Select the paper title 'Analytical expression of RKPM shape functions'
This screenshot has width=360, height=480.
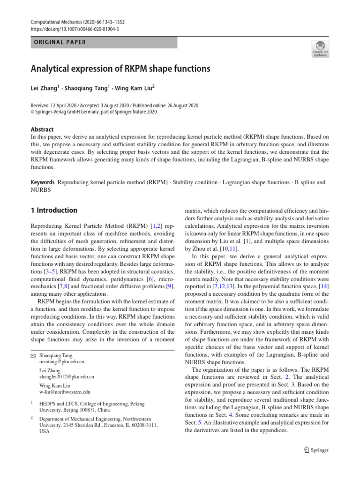(120, 69)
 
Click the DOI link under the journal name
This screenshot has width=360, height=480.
(75, 29)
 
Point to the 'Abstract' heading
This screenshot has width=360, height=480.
(42, 129)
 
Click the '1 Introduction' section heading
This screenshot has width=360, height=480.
(54, 210)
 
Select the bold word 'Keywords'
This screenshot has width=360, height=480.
(43, 181)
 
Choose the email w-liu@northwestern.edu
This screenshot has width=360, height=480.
(65, 391)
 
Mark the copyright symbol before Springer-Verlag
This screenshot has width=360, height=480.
(33, 112)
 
